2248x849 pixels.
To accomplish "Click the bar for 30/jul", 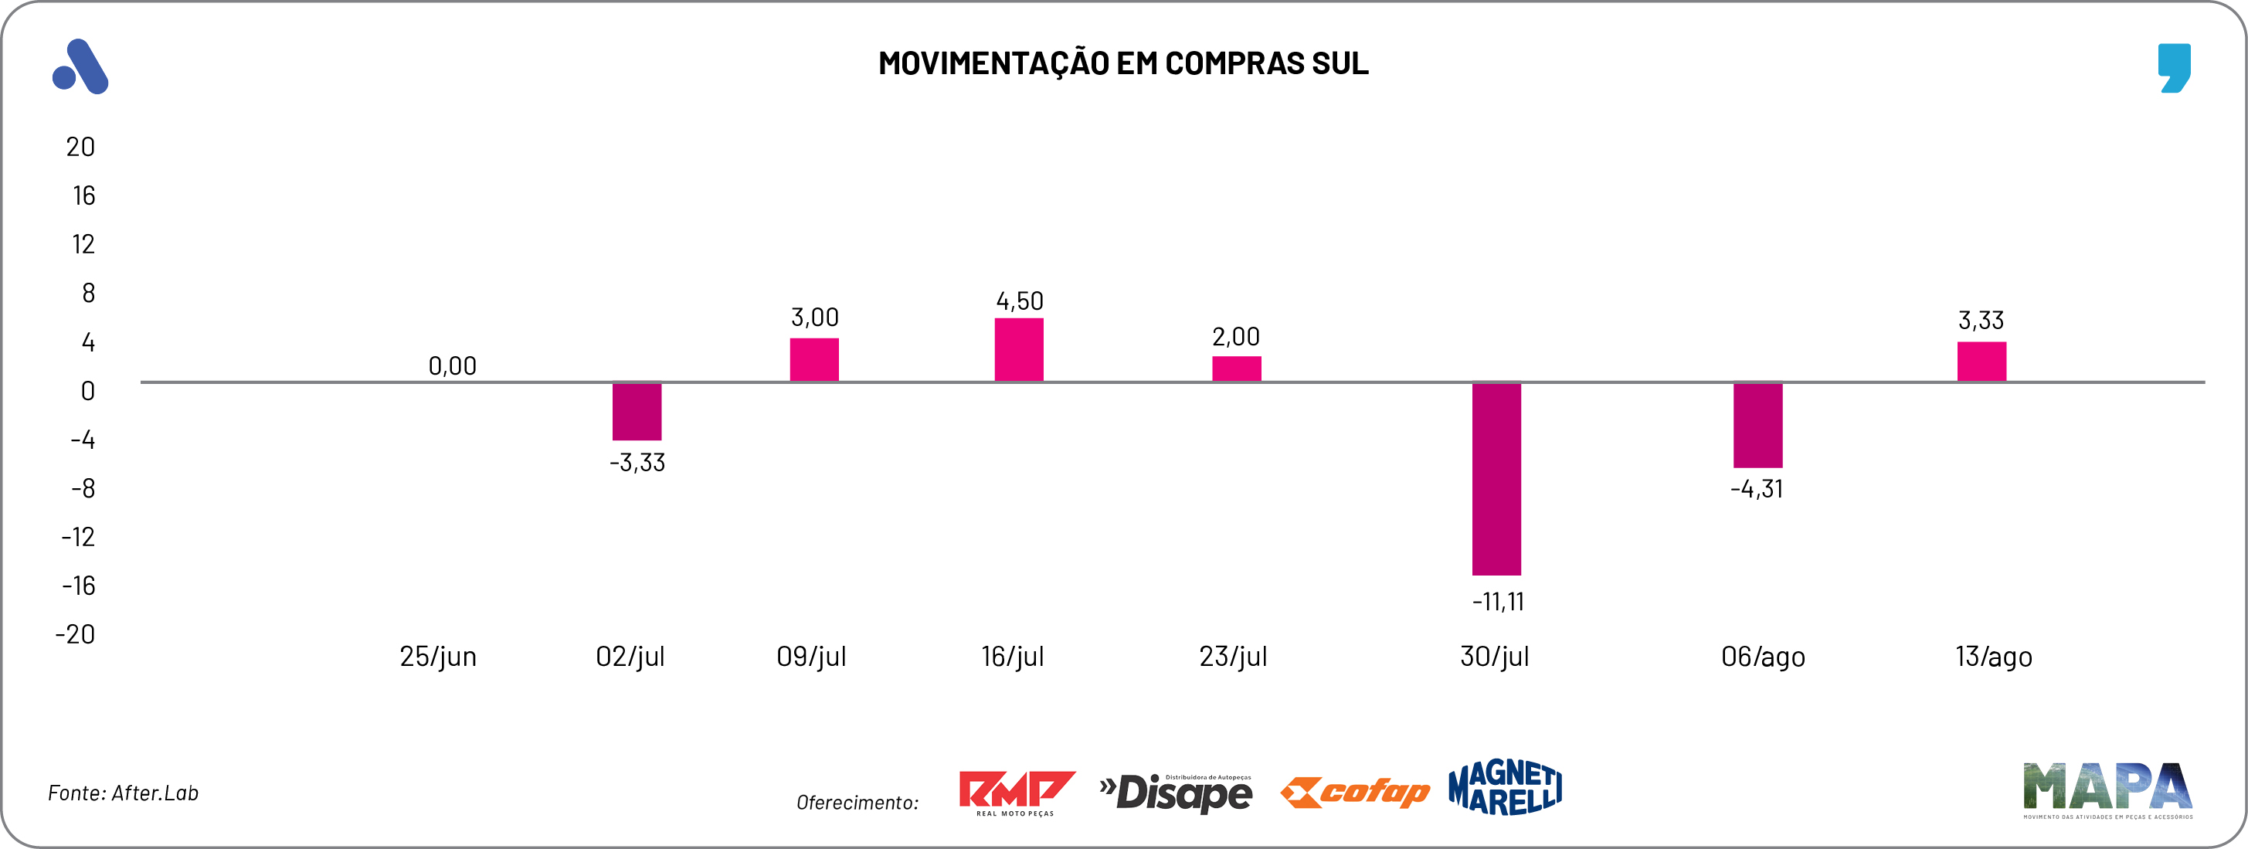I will [x=1496, y=478].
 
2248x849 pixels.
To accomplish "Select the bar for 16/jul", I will [x=1018, y=350].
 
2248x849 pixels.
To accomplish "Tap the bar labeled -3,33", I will [x=637, y=411].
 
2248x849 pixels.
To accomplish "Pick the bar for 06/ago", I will [x=1757, y=425].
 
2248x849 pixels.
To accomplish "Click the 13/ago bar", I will [x=1981, y=362].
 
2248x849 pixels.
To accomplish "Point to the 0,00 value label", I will [x=452, y=365].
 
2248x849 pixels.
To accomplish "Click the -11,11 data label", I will [x=1497, y=601].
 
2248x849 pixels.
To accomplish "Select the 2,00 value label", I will [x=1236, y=337].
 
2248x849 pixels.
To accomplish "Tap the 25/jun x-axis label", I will [x=438, y=656].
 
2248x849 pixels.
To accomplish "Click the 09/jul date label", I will [x=812, y=656].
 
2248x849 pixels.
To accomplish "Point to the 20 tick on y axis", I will [x=80, y=147].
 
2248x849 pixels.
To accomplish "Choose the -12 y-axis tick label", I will [x=78, y=537].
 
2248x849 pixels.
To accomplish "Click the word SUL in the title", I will [x=1340, y=63].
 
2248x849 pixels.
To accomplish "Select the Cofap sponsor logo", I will [x=1354, y=791].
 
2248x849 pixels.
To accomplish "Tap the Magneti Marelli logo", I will [x=1505, y=787].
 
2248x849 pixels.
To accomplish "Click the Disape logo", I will [x=1177, y=793].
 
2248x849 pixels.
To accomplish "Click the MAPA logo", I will [x=2107, y=790].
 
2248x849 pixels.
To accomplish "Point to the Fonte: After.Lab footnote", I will [x=123, y=793].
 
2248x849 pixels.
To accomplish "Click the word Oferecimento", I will [x=857, y=802].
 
